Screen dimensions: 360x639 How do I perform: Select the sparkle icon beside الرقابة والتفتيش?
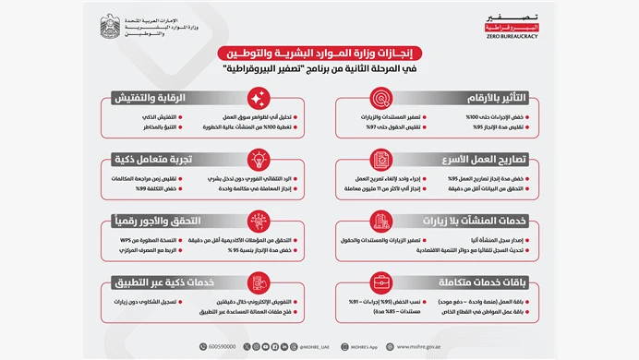pos(259,98)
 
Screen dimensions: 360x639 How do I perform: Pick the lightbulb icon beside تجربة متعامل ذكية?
pos(259,159)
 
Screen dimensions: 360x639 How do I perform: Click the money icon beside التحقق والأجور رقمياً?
pos(259,222)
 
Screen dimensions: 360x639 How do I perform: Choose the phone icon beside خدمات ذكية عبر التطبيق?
pos(259,282)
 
